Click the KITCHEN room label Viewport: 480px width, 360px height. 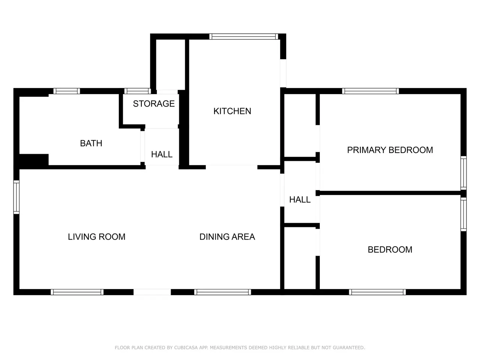click(232, 111)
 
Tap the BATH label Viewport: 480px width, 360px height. click(91, 143)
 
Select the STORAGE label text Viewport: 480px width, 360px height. click(154, 103)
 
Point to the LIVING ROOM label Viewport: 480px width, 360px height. click(97, 237)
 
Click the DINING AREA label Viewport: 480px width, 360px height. click(227, 237)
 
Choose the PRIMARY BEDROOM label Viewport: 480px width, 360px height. click(390, 150)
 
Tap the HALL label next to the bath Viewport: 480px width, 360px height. click(162, 154)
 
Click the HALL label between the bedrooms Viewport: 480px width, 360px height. click(300, 199)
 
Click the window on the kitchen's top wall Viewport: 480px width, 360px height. click(244, 36)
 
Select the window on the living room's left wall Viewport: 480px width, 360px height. click(16, 197)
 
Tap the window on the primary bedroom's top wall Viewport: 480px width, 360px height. click(370, 91)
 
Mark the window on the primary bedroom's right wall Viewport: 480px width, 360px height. click(463, 173)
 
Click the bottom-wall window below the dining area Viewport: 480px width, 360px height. click(223, 292)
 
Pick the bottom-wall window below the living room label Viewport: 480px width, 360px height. click(77, 292)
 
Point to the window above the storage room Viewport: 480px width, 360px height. click(138, 91)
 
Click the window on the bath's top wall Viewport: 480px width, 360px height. click(67, 91)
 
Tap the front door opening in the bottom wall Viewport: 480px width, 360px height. click(152, 292)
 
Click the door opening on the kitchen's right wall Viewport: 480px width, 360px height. click(283, 73)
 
